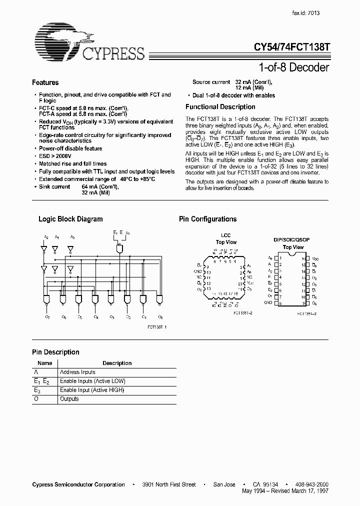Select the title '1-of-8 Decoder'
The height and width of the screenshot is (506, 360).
pos(295,67)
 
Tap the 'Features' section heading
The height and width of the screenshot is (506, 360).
pos(45,82)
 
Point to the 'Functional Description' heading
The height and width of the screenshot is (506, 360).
pos(220,107)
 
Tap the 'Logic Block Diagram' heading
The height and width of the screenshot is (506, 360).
pos(70,219)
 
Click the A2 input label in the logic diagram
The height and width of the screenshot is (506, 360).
pos(46,237)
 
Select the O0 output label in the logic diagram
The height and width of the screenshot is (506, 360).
pos(160,317)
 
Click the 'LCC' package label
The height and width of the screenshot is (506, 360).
pos(226,235)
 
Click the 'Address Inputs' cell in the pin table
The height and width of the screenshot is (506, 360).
pos(77,372)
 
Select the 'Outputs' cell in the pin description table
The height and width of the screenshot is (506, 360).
pos(69,399)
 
